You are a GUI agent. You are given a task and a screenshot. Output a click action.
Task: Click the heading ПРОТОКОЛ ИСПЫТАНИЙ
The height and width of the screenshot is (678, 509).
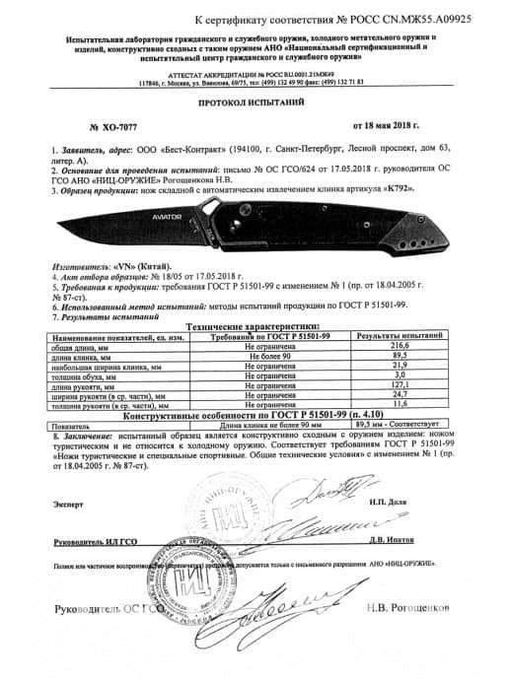pos(254,102)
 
